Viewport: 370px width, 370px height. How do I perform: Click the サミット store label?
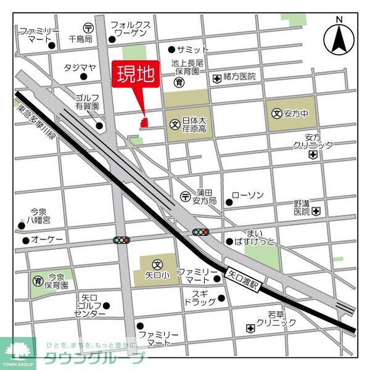click(x=192, y=49)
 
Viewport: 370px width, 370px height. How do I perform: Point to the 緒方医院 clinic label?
click(x=239, y=78)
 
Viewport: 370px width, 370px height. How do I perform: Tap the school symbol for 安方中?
click(x=277, y=113)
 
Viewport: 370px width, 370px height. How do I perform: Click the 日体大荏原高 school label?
click(x=194, y=124)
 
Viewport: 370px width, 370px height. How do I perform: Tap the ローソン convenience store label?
click(x=249, y=195)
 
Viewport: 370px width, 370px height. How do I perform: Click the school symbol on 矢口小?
click(x=157, y=263)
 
